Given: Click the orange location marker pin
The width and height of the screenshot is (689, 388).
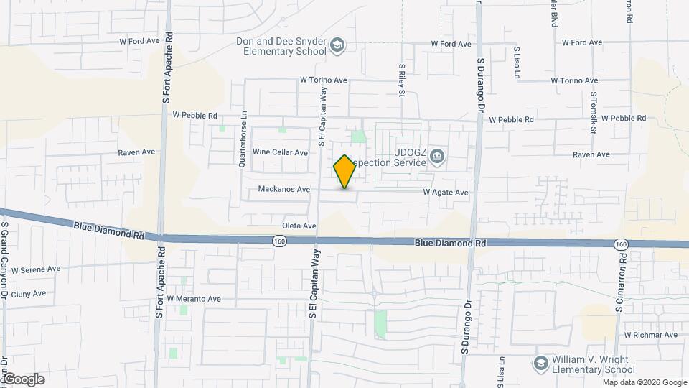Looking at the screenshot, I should coord(345,172).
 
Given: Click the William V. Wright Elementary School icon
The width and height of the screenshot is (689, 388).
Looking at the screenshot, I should coord(540,364).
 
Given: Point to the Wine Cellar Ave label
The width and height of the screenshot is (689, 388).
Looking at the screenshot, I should coord(280,152).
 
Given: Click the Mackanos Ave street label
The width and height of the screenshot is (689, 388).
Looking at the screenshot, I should coord(284,190).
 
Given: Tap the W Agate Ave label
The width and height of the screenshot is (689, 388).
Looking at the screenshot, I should coord(445,193).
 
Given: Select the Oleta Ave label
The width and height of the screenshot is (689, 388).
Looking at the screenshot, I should coord(299,226).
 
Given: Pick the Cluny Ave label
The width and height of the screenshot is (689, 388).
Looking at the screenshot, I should coord(29,293).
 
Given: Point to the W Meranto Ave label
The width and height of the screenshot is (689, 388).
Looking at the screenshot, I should coord(194,298).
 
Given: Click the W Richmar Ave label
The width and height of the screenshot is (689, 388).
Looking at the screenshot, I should coord(650,335).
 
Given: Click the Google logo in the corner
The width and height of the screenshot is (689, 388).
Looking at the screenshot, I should coord(23,379).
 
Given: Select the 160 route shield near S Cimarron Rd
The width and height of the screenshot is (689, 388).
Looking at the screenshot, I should coord(620,245).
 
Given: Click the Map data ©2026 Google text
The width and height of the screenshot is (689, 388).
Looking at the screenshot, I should coord(644,382).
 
